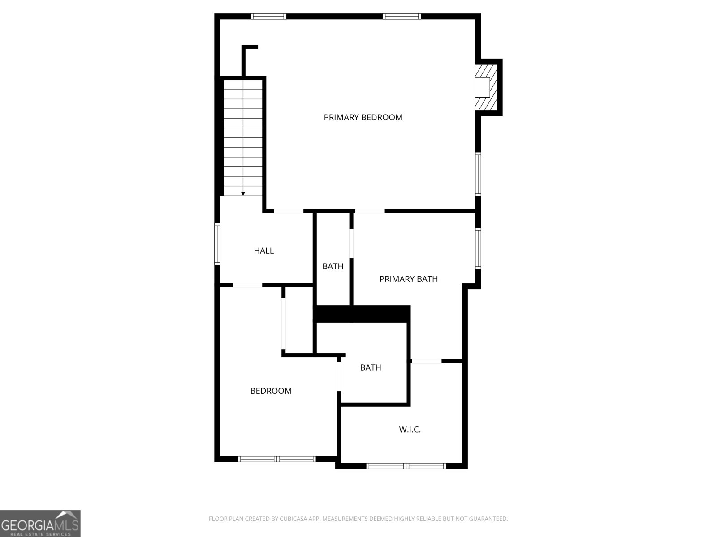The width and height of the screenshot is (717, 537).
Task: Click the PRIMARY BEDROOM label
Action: click(x=363, y=117)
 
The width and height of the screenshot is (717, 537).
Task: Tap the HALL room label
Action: click(x=263, y=251)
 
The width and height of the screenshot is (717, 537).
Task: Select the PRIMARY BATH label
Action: click(x=408, y=279)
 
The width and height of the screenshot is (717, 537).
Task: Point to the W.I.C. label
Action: click(x=410, y=430)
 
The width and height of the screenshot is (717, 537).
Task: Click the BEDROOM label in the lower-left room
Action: click(x=271, y=391)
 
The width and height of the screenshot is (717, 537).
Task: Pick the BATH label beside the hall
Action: click(x=333, y=266)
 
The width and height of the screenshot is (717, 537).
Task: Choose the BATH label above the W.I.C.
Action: click(x=371, y=367)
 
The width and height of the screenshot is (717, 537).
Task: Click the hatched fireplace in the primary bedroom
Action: click(x=486, y=87)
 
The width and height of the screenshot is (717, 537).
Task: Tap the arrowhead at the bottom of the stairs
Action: click(x=243, y=193)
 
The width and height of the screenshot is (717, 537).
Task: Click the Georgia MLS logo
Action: click(x=40, y=523)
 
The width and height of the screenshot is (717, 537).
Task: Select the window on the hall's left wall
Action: click(x=217, y=244)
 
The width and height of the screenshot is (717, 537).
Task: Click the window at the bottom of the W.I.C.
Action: click(x=406, y=466)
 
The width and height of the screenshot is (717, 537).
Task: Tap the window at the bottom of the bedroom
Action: click(x=277, y=459)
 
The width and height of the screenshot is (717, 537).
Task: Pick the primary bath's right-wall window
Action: click(x=478, y=248)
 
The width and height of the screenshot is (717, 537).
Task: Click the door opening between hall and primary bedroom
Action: click(x=289, y=211)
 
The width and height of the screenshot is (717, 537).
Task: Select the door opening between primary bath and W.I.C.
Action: click(x=426, y=361)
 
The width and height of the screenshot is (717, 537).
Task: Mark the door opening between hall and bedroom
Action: click(x=247, y=285)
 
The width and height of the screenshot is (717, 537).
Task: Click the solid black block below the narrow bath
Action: click(x=362, y=313)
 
